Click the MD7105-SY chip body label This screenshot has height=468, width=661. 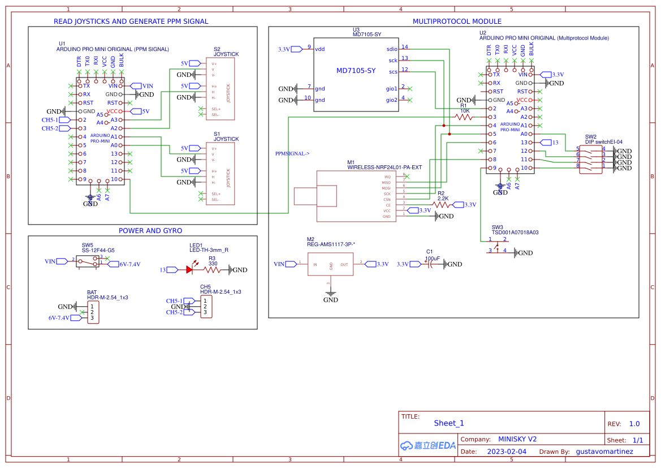tap(356, 71)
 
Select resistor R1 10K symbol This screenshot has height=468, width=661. tap(464, 117)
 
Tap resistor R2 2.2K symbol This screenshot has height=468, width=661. tap(443, 205)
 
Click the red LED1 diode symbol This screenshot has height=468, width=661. tap(189, 270)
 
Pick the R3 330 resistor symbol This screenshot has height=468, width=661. tap(213, 270)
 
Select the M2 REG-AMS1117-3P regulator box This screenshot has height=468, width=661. tap(331, 264)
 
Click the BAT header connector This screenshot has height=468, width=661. tap(93, 312)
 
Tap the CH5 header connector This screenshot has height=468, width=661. tap(205, 307)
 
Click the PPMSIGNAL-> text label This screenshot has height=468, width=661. tap(292, 153)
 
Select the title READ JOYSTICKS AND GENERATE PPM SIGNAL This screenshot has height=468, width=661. tap(131, 22)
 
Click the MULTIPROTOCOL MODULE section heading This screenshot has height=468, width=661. tap(457, 22)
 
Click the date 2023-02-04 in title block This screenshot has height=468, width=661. tap(506, 452)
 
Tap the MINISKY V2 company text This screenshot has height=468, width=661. tap(517, 439)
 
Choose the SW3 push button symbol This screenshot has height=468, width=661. tap(498, 245)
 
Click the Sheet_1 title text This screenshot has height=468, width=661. tap(449, 423)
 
